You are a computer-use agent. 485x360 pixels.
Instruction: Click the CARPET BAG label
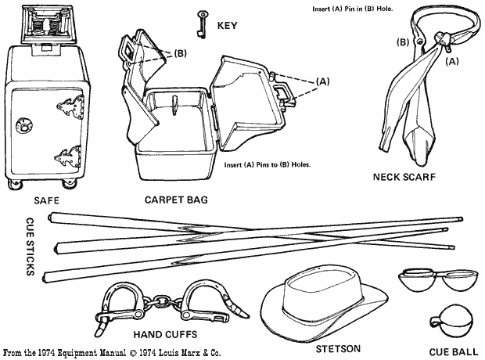click(176, 200)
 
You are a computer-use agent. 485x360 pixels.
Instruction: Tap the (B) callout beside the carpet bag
click(179, 54)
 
